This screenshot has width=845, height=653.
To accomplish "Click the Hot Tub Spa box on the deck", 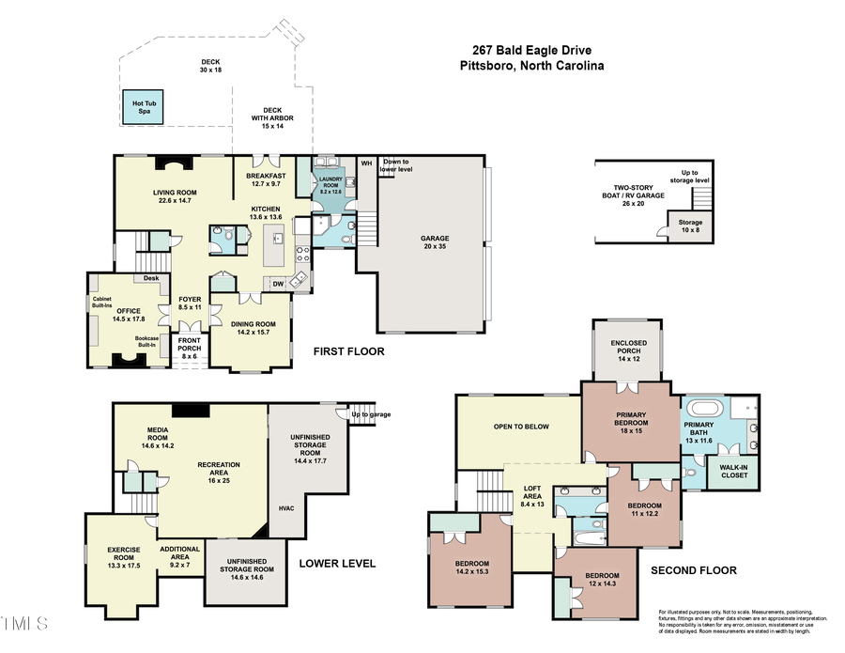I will pyautogui.click(x=146, y=106).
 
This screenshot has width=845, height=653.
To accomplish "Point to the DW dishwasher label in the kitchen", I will pyautogui.click(x=278, y=283).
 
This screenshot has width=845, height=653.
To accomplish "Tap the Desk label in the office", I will pyautogui.click(x=151, y=278).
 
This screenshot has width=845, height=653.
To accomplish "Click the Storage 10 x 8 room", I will pyautogui.click(x=690, y=226).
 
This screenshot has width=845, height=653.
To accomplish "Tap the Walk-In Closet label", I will pyautogui.click(x=733, y=471).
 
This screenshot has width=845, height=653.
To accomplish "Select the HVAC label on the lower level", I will pyautogui.click(x=286, y=508).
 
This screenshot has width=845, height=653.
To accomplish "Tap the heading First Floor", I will pyautogui.click(x=348, y=352).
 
